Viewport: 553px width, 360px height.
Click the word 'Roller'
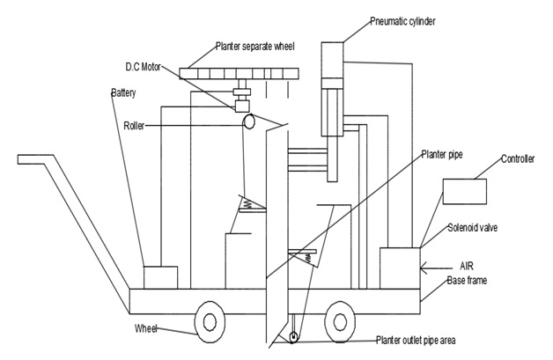[x=135, y=126]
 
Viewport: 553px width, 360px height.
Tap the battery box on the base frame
[x=159, y=277]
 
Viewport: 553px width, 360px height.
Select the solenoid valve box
[x=400, y=267]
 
